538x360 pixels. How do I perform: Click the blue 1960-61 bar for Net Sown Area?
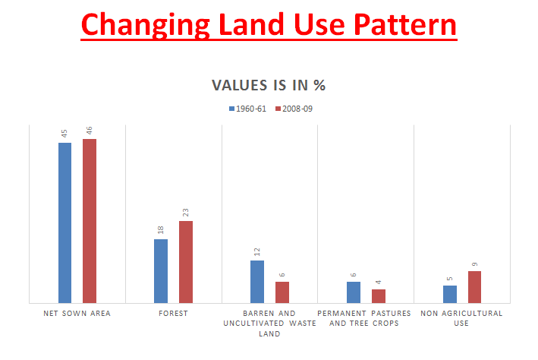click(64, 223)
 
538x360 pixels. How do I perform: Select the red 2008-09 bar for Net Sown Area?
click(90, 221)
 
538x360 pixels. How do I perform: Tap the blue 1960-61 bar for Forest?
click(161, 271)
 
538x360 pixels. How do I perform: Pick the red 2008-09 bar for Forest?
click(186, 262)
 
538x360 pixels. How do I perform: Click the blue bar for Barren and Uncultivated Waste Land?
click(257, 282)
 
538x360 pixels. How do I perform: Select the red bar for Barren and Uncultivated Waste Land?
click(282, 292)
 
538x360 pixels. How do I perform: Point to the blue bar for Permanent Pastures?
click(354, 292)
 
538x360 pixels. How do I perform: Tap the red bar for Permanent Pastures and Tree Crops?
click(379, 296)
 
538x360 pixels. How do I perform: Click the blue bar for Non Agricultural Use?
click(450, 294)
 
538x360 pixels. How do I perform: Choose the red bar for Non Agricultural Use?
click(475, 287)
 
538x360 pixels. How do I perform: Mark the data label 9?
click(475, 264)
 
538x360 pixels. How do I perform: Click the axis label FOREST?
click(174, 313)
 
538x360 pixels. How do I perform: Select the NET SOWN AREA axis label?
click(77, 313)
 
